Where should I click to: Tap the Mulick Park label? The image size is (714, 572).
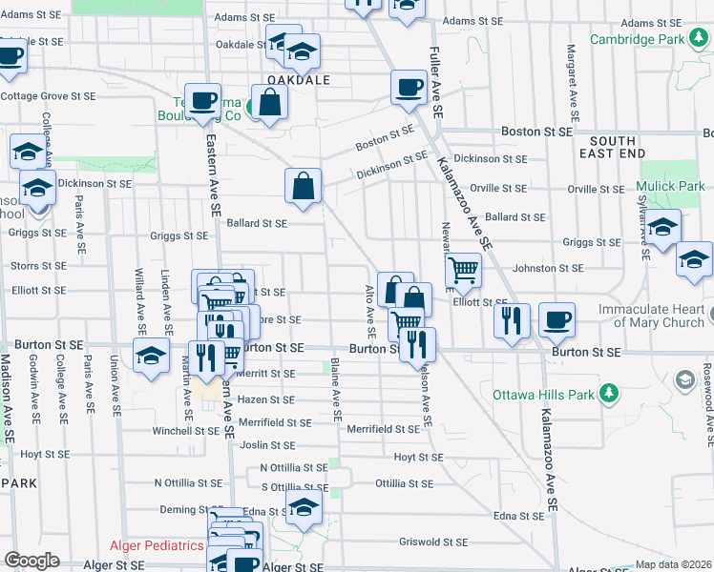pos(672,186)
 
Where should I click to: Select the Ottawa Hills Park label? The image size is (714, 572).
pos(541,395)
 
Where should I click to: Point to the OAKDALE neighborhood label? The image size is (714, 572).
pos(298,81)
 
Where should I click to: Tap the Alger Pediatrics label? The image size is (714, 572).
pos(157,545)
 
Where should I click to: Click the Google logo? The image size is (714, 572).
pos(31,561)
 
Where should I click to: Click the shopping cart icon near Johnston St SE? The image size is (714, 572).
pos(463,270)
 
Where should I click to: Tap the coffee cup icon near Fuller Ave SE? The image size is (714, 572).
pos(409,88)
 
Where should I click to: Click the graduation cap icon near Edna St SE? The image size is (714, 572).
pos(304,507)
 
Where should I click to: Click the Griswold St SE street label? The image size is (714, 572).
pos(434,541)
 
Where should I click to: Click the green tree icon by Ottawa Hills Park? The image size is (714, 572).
pos(606,394)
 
